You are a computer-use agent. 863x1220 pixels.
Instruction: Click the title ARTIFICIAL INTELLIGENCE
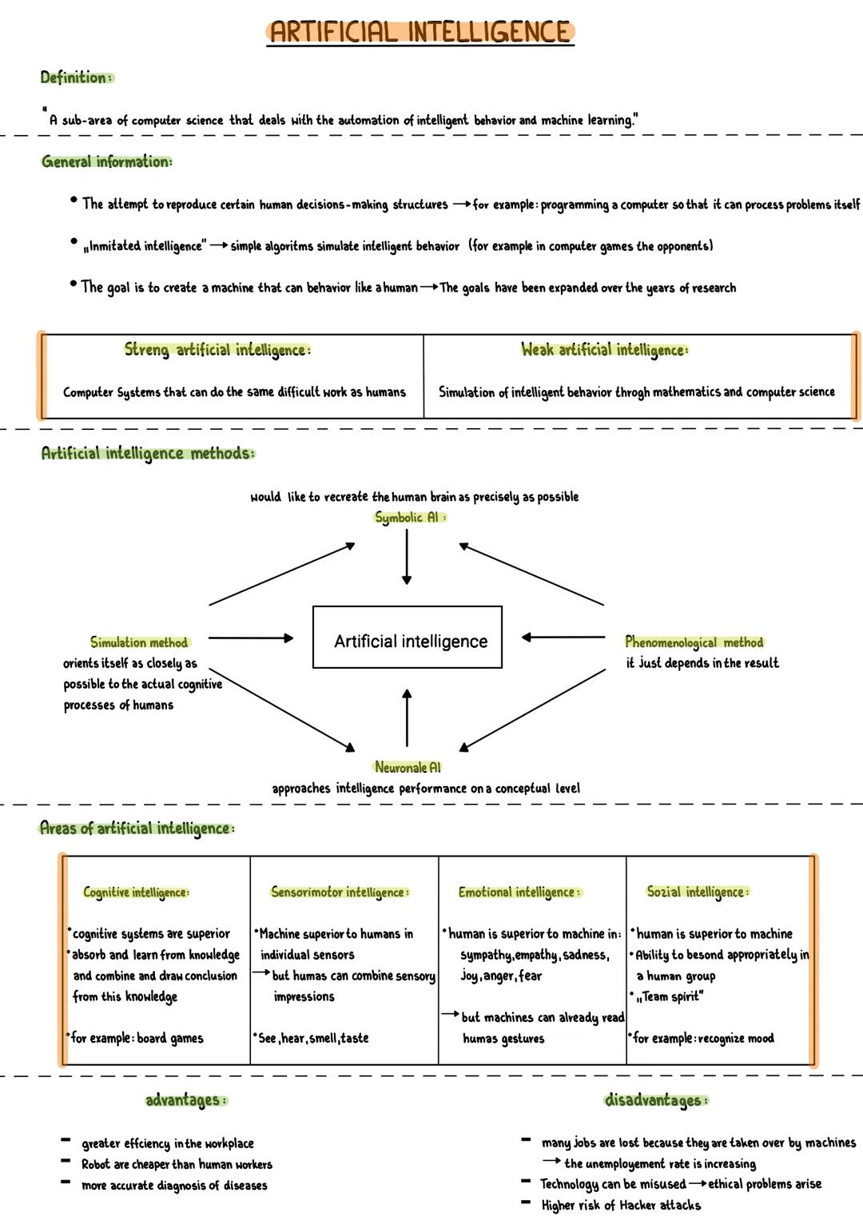[x=420, y=32]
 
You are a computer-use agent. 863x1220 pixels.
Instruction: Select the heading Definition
[x=77, y=77]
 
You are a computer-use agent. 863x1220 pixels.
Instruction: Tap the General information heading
[x=106, y=161]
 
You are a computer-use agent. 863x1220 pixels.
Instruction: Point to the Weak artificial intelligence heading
[x=604, y=349]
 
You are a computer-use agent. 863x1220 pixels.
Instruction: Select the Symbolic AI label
[x=410, y=517]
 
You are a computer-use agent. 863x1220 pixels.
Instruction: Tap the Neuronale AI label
[x=408, y=767]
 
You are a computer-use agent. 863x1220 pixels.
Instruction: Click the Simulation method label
[x=139, y=642]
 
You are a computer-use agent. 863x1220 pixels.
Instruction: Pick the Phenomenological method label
[x=694, y=642]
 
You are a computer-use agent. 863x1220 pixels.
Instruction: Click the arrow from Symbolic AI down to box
[x=407, y=557]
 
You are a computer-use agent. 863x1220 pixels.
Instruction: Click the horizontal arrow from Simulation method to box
[x=250, y=638]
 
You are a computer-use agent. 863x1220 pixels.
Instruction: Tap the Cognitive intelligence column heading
[x=136, y=892]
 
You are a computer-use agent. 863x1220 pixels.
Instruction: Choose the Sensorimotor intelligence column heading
[x=340, y=892]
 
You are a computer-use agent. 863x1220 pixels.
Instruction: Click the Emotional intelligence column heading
[x=519, y=892]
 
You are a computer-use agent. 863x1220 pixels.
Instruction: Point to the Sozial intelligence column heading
[x=698, y=892]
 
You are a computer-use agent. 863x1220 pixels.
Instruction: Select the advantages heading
[x=186, y=1100]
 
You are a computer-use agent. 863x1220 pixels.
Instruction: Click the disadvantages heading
[x=655, y=1100]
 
